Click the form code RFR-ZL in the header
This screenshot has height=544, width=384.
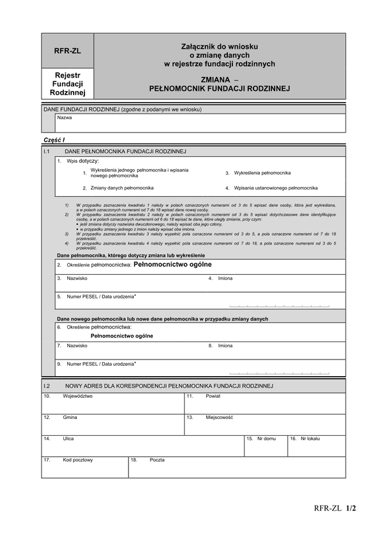(67, 51)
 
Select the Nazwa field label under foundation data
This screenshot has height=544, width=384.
(65, 118)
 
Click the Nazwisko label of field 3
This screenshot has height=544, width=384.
(77, 279)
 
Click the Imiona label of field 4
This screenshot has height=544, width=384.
(225, 279)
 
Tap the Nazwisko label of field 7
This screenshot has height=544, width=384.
(77, 346)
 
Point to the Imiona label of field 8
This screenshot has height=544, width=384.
(225, 346)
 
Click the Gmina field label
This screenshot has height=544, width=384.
(70, 417)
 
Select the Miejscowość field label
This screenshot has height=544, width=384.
(219, 417)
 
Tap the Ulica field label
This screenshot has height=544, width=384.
(68, 439)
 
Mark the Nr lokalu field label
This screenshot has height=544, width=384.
(308, 439)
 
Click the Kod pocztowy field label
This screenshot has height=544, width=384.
(78, 460)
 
